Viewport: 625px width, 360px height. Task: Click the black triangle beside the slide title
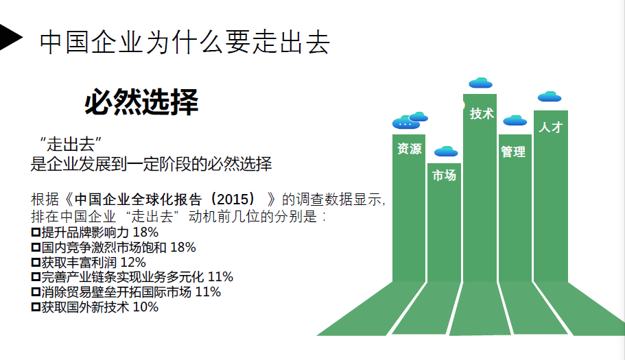10,37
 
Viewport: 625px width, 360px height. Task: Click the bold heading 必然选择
141,102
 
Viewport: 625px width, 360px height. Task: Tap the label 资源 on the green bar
410,149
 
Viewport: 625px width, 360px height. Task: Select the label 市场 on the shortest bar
444,176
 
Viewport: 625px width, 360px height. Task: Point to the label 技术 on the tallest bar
482,114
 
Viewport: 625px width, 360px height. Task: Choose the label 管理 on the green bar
513,152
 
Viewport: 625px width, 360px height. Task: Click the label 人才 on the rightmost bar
550,127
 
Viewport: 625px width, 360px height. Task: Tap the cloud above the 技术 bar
481,83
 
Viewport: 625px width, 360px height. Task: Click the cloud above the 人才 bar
550,97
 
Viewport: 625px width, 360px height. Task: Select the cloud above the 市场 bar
446,152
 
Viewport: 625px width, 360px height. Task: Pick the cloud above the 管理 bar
515,120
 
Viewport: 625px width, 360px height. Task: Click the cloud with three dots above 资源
405,123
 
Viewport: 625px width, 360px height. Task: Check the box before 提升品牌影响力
36,232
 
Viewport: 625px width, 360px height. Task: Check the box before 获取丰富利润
36,263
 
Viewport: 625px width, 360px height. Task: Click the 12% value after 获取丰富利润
133,263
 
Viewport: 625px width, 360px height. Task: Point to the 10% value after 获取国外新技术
145,307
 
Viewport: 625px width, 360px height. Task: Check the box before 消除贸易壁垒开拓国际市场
36,292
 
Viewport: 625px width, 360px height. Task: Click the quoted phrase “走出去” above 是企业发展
71,144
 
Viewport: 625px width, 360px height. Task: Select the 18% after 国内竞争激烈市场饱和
183,248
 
